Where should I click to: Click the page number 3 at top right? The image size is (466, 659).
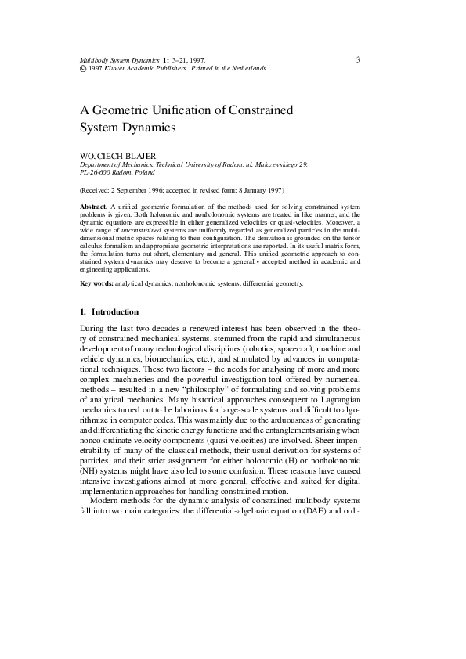(x=358, y=59)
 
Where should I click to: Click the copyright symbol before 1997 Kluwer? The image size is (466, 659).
(x=83, y=69)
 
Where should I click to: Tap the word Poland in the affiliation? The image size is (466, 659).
(x=150, y=173)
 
